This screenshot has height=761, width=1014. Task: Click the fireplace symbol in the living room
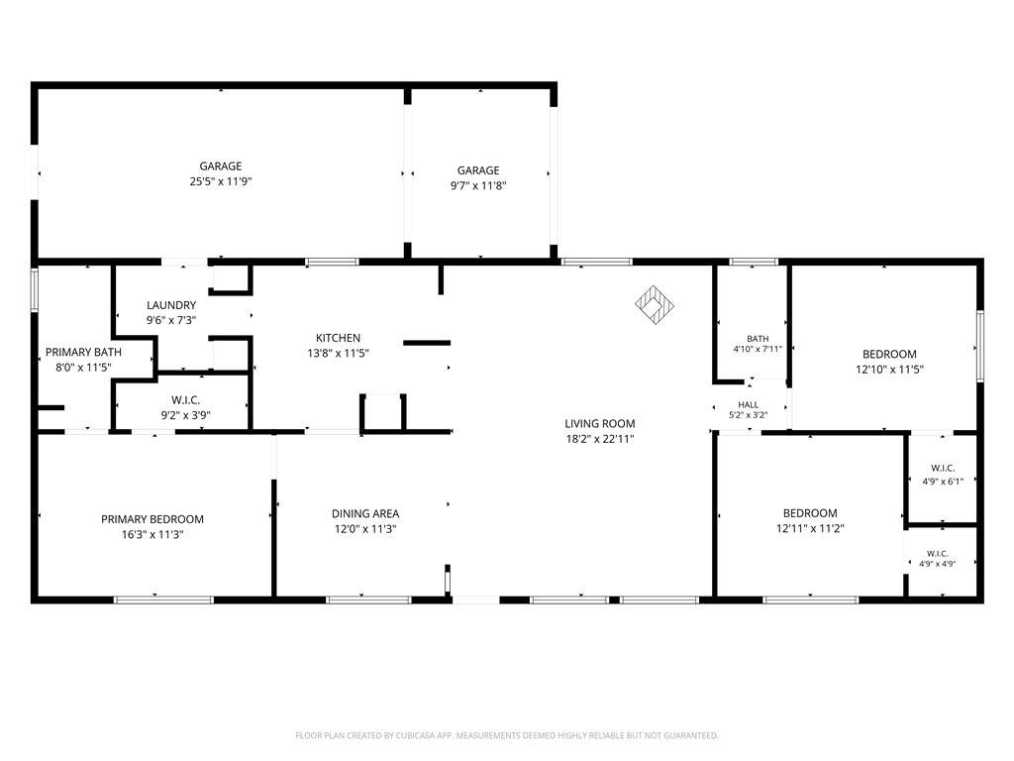[x=655, y=305]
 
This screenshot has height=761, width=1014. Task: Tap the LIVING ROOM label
[x=599, y=424]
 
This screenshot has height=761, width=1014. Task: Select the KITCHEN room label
[x=338, y=338]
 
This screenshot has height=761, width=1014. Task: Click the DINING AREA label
[x=365, y=514]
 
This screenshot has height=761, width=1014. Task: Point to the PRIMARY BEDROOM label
[x=152, y=519]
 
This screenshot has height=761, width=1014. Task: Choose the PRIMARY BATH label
[x=83, y=353]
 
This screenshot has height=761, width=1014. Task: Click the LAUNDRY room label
[x=171, y=305]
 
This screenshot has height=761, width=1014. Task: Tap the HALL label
[x=749, y=405]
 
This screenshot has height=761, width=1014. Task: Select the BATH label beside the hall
[x=758, y=339]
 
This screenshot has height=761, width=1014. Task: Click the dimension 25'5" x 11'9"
[x=221, y=182]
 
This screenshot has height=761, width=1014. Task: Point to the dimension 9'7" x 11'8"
[x=478, y=186]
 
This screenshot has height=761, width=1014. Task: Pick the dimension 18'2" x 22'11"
[x=599, y=439]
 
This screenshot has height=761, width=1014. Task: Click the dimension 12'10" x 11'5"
[x=890, y=371]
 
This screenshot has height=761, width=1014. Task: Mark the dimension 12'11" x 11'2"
[x=810, y=529]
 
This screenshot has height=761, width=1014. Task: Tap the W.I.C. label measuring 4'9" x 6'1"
[x=943, y=469]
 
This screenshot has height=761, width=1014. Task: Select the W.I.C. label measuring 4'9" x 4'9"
[x=938, y=554]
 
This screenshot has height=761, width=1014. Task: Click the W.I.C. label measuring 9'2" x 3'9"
[x=185, y=400]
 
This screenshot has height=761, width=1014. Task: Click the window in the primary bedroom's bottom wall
[x=163, y=599]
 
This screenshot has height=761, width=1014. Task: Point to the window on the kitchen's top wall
[x=332, y=262]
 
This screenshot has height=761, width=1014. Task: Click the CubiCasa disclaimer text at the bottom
[x=507, y=736]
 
